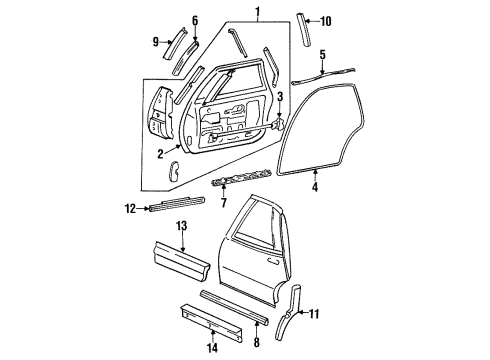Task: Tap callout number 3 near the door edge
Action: (281, 97)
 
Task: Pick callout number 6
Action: (194, 20)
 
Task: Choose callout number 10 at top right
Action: (325, 19)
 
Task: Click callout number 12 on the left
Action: (130, 209)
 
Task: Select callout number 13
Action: (181, 228)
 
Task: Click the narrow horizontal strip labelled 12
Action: (166, 208)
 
